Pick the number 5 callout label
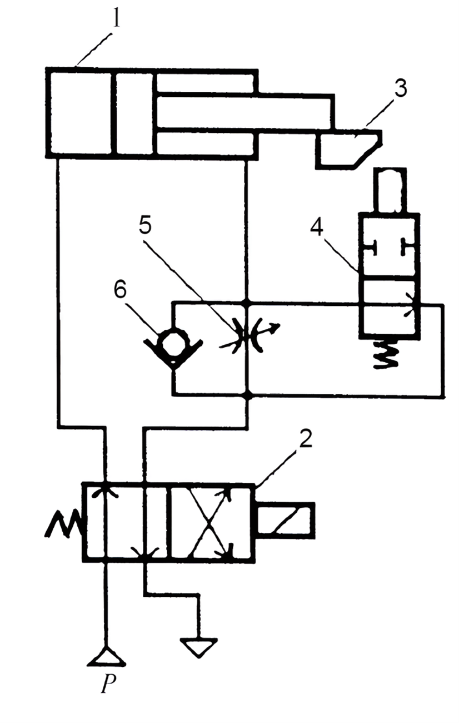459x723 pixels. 145,226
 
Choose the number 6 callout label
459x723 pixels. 120,292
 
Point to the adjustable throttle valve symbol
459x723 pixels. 248,336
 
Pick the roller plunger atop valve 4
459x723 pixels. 390,191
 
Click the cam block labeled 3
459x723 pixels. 349,149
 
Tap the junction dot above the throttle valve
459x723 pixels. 247,304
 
